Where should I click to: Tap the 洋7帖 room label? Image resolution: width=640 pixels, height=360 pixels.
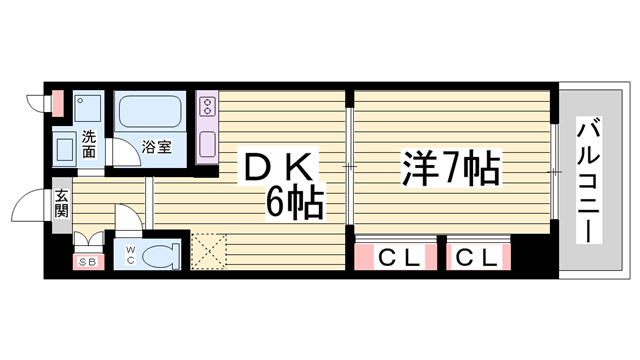(x=451, y=168)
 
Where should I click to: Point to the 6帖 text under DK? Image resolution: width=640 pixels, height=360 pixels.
(x=293, y=203)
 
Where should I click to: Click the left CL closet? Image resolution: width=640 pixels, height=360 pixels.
(x=394, y=257)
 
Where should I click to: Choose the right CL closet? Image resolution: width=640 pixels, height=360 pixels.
(x=477, y=257)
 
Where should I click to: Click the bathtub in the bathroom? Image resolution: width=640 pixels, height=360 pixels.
(x=146, y=112)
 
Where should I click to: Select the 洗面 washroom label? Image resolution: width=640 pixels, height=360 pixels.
(x=89, y=144)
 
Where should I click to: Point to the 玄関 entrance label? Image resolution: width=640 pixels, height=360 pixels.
(x=61, y=204)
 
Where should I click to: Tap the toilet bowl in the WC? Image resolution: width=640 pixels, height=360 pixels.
(x=160, y=255)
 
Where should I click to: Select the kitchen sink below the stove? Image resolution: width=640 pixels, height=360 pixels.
(x=208, y=141)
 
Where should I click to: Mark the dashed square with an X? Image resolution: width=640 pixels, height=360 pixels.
(x=209, y=250)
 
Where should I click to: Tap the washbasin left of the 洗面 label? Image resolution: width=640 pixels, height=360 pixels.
(x=64, y=151)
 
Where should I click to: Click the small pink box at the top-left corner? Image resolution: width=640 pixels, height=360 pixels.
(x=57, y=102)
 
